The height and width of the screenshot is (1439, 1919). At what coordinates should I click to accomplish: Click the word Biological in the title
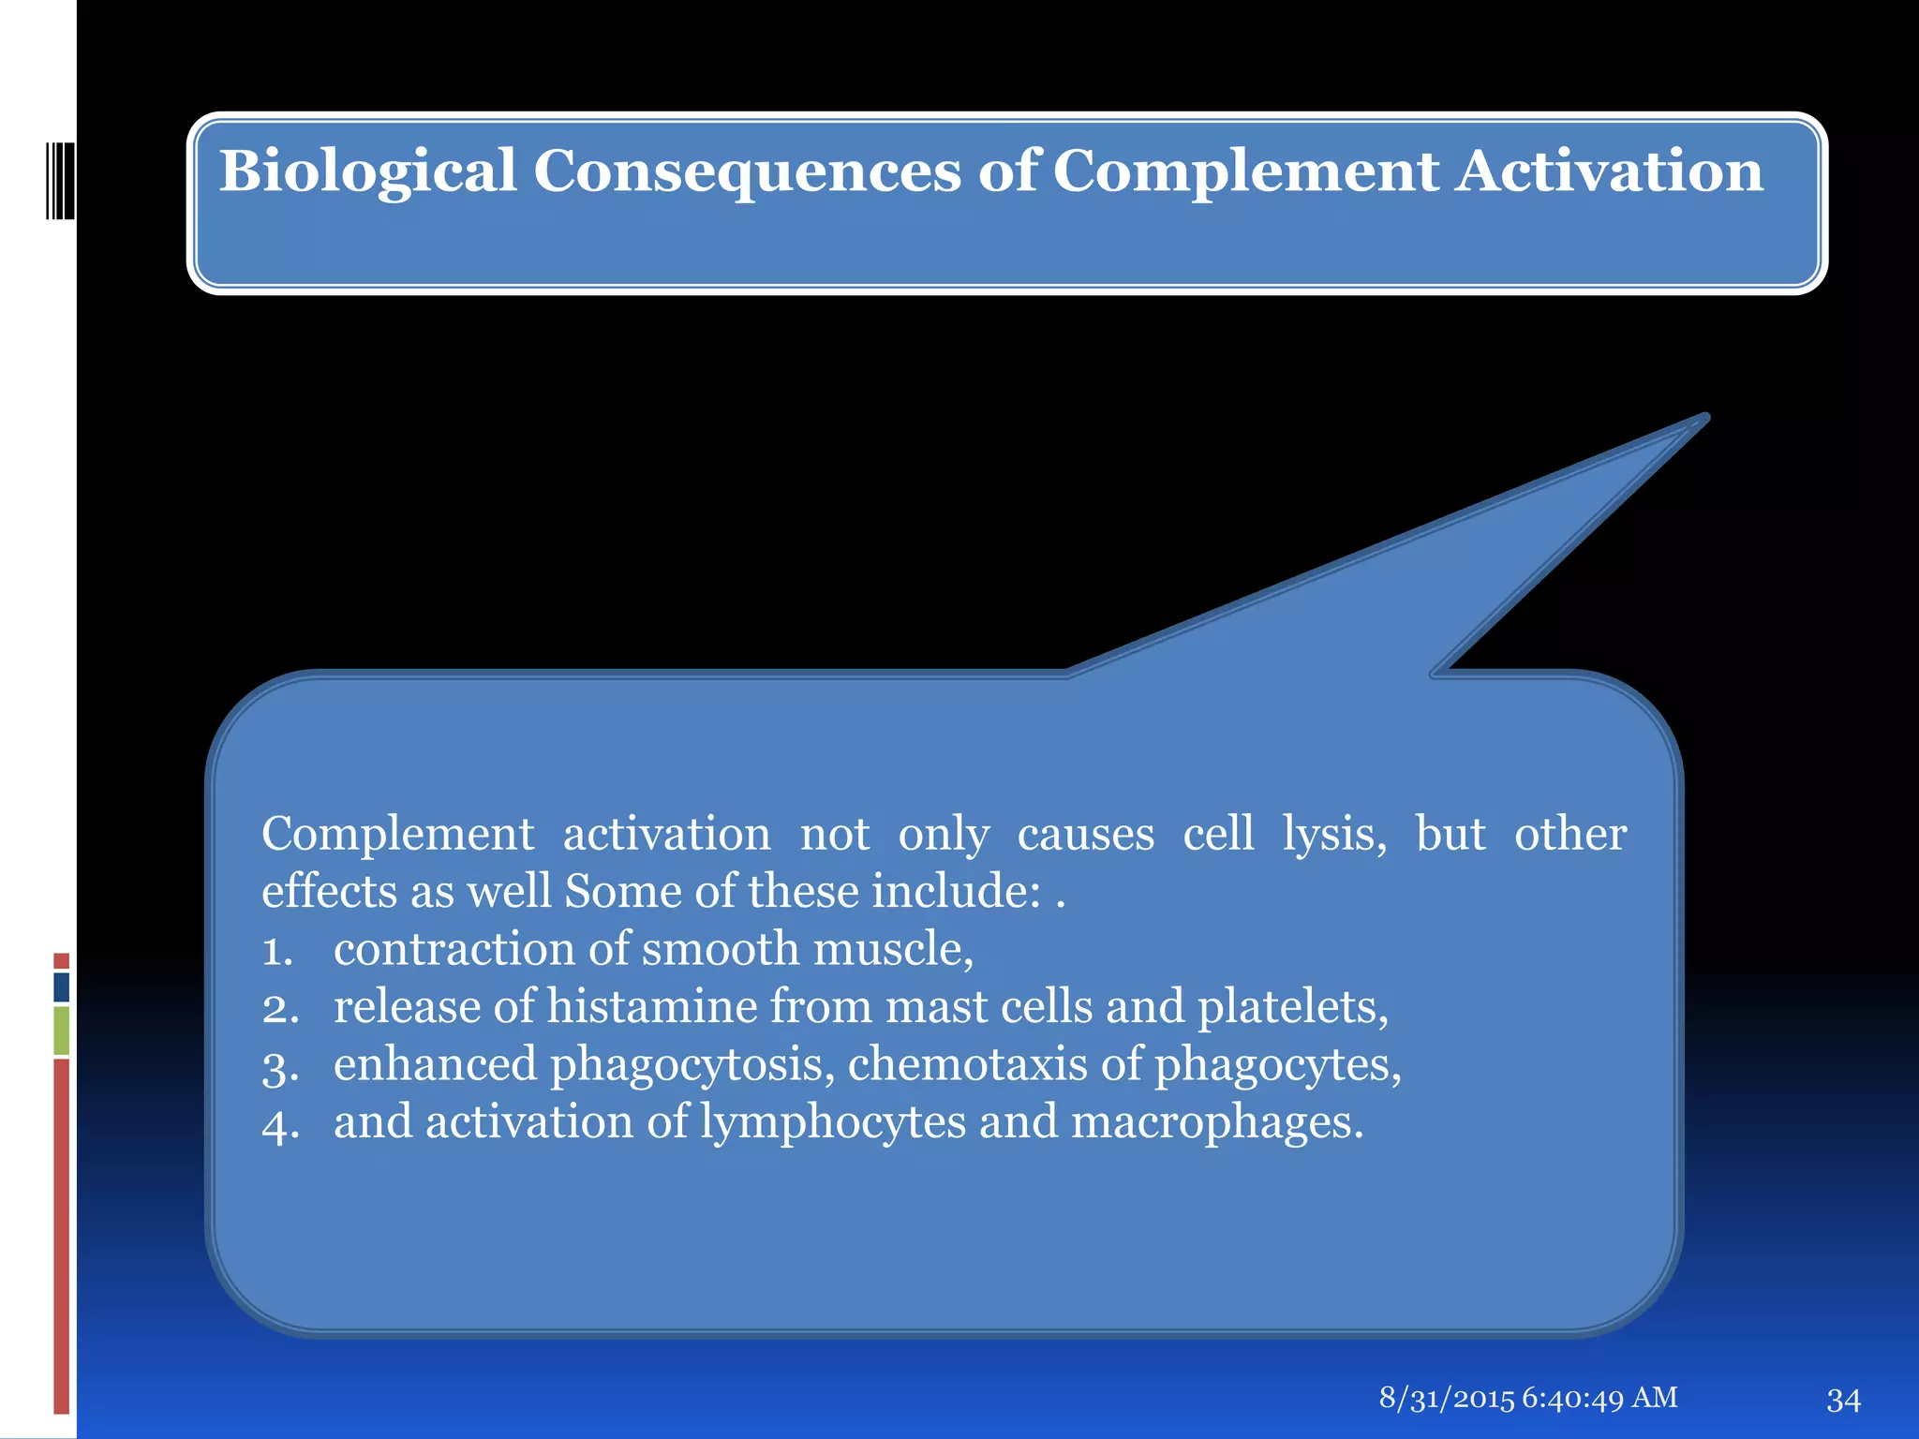pos(367,172)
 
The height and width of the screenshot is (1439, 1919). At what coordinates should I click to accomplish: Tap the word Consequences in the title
pos(747,172)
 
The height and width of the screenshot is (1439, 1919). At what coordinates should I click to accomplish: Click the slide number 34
pos(1843,1400)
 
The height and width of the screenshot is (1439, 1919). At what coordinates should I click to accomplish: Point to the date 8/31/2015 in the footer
pos(1446,1398)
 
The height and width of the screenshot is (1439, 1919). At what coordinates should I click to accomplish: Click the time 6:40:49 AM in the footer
pos(1599,1398)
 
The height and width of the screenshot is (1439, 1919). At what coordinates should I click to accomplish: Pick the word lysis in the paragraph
pos(1333,834)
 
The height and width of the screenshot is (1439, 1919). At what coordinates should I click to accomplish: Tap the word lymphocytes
pos(833,1123)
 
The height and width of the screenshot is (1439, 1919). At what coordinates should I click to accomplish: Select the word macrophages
pos(1216,1123)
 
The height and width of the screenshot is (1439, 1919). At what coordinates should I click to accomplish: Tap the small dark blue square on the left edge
pos(62,987)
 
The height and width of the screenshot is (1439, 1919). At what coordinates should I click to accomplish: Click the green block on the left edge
pos(62,1031)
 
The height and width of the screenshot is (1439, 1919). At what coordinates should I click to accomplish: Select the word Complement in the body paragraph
pos(397,834)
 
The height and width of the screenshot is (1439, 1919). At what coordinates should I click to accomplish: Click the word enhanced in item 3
pos(435,1065)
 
